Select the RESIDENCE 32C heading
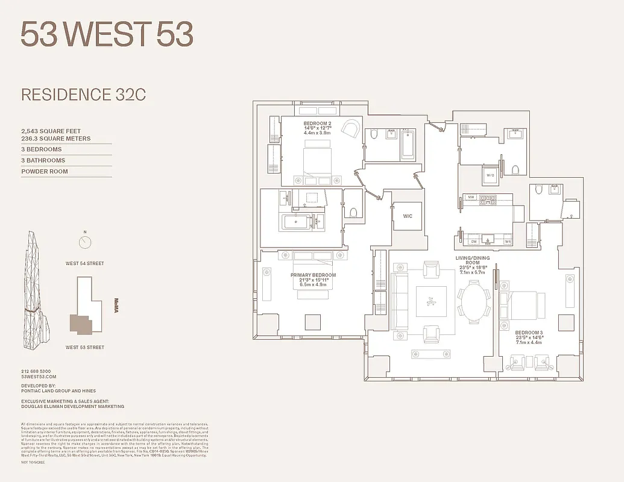[83, 95]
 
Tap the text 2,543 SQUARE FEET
[51, 131]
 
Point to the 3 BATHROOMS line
[43, 160]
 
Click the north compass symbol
[85, 242]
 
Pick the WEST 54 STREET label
[85, 263]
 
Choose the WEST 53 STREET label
[84, 347]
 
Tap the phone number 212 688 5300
[36, 371]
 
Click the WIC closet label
[408, 216]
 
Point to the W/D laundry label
[489, 176]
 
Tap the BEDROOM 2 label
[317, 124]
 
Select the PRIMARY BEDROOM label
[313, 275]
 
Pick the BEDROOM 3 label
[529, 333]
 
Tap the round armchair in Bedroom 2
[350, 128]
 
